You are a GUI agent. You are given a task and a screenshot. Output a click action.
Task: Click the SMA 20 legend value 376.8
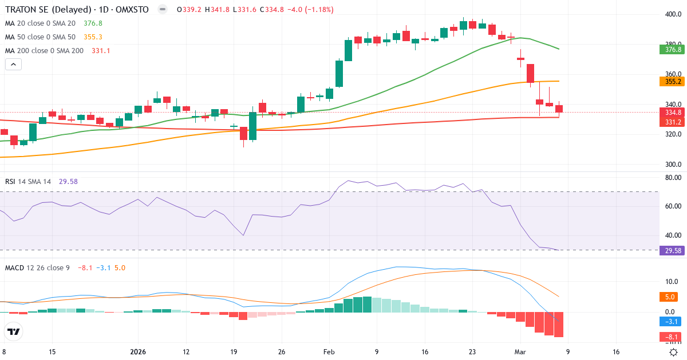93,23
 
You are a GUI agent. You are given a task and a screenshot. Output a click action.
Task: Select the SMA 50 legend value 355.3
93,37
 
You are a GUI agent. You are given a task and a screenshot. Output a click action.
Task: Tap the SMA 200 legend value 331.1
101,51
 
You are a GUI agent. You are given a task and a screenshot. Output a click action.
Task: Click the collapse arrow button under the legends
13,65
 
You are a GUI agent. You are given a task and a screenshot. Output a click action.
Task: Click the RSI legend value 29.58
68,182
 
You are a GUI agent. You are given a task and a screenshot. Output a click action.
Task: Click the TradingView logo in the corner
14,331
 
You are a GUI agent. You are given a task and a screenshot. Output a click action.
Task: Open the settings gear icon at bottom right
674,353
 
